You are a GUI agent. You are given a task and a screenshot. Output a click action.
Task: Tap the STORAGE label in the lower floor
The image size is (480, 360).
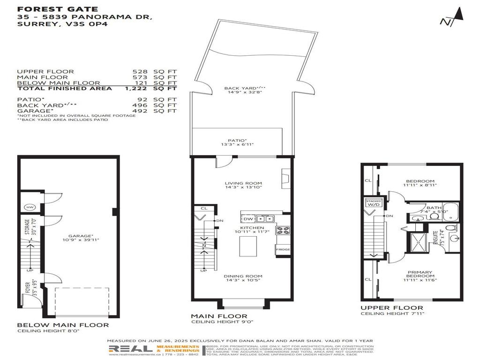27,227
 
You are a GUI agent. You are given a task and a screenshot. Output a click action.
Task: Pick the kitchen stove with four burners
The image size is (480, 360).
283,230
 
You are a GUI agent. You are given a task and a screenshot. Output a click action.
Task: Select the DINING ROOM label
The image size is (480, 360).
243,276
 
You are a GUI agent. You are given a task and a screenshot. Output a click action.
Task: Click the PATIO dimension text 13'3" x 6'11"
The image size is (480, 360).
238,145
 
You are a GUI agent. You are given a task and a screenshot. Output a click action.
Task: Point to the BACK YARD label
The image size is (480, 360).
238,88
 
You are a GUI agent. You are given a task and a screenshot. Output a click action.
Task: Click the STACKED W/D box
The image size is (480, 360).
374,203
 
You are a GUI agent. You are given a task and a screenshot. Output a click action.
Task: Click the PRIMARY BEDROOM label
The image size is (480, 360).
420,273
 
